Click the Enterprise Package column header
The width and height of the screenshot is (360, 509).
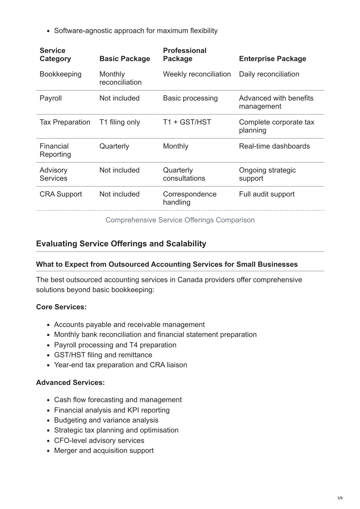[272, 59]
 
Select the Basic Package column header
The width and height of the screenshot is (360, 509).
[124, 59]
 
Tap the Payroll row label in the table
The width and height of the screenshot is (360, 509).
[51, 98]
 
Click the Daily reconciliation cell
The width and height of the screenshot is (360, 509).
[269, 74]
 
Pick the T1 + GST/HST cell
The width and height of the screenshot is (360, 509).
[187, 122]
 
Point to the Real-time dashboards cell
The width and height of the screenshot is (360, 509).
[274, 146]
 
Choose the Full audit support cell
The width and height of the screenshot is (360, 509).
[266, 194]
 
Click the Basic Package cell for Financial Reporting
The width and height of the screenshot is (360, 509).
[114, 146]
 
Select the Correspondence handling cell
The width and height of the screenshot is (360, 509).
[189, 198]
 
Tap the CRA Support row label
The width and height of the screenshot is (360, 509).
[60, 194]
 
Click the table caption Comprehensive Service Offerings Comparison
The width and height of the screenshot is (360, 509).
[180, 220]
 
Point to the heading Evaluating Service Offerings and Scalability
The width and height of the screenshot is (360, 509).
[121, 244]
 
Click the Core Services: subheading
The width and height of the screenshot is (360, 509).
[61, 307]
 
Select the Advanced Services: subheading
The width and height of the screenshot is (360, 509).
[70, 382]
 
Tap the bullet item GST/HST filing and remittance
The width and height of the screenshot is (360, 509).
[103, 355]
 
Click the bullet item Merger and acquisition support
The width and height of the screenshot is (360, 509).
[104, 451]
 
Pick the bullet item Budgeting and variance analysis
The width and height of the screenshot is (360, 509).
[106, 420]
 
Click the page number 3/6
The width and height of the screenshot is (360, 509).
[340, 498]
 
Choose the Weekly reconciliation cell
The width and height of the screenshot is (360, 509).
[197, 74]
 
